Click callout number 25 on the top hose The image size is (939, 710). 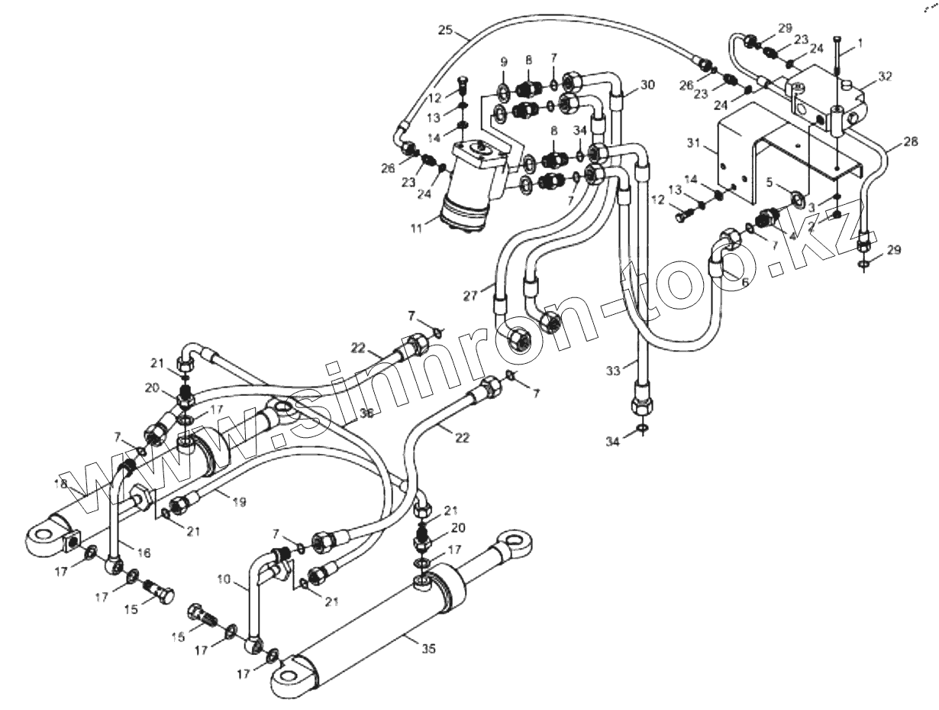click(446, 31)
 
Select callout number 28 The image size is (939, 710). click(910, 142)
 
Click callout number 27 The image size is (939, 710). click(471, 295)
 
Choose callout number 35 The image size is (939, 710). click(428, 648)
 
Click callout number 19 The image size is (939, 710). click(239, 502)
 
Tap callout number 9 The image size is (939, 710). click(504, 60)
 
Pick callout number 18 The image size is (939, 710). click(61, 485)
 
